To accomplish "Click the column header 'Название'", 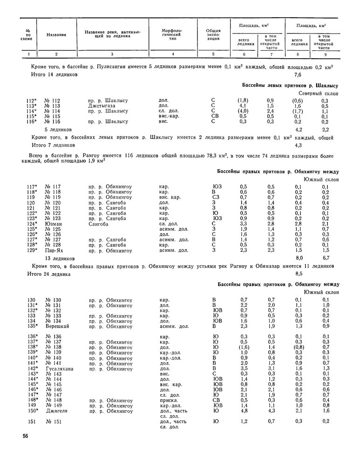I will [56, 35].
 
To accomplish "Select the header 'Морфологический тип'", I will [172, 34].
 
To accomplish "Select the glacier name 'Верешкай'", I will [57, 326].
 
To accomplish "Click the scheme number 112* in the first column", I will [32, 101].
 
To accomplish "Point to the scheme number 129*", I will [32, 250].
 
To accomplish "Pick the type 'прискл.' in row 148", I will [168, 400].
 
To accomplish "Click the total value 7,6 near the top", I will [299, 75].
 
